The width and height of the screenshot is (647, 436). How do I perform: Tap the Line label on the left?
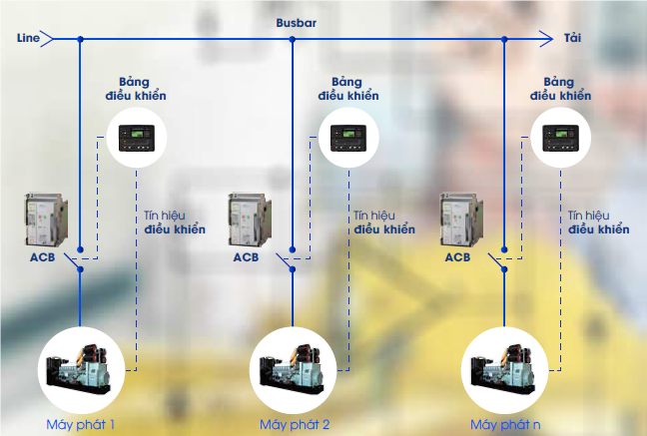pos(27,38)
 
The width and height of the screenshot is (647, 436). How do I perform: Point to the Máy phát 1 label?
pos(81,424)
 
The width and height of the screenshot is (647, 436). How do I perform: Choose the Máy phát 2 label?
pos(295,424)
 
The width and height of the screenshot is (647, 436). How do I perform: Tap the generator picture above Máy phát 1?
pos(81,368)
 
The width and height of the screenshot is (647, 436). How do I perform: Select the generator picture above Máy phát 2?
pos(294,368)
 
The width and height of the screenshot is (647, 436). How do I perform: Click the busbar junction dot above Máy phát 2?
pos(293,40)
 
